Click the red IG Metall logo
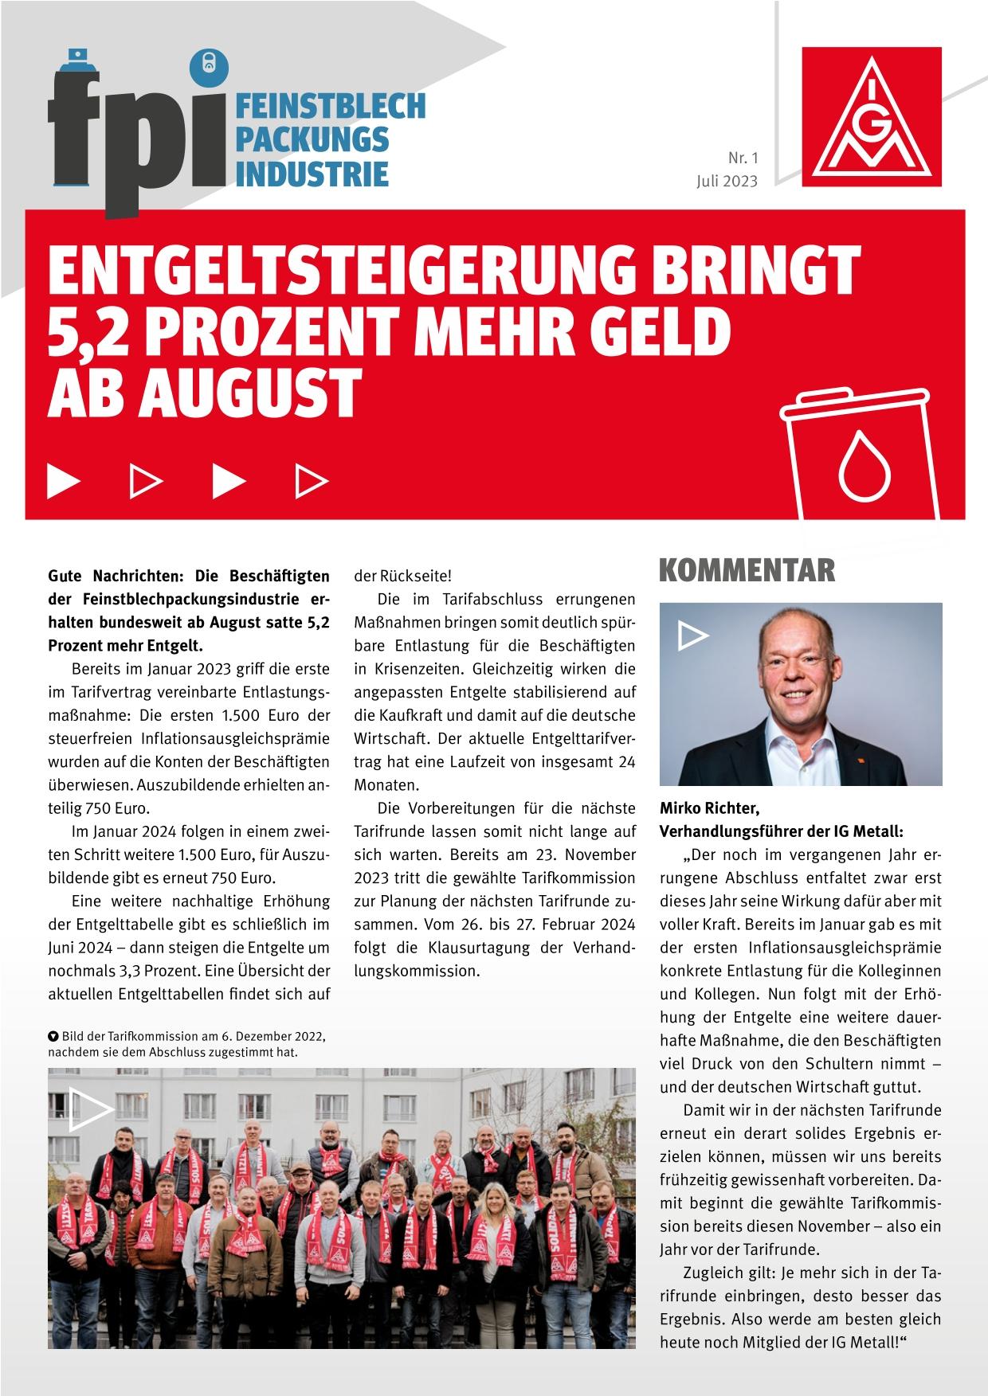click(872, 116)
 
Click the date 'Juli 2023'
click(726, 181)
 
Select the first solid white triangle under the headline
click(64, 479)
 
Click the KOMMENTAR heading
click(747, 570)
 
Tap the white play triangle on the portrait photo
click(692, 635)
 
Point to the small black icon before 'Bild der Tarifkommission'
click(53, 1037)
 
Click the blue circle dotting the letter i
click(209, 67)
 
